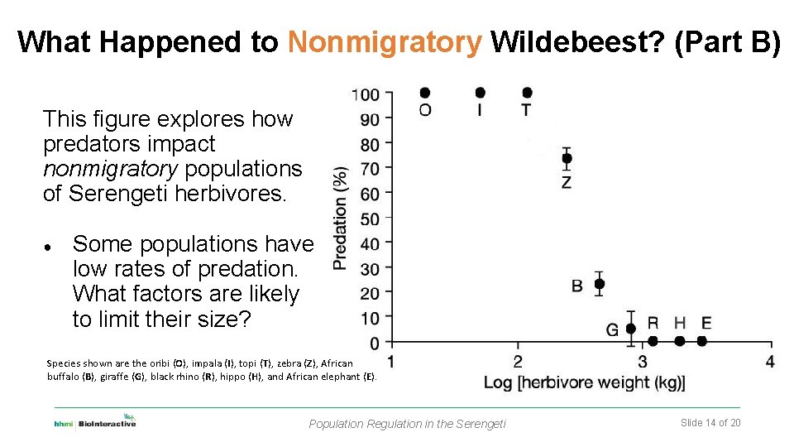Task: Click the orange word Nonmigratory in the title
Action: click(385, 42)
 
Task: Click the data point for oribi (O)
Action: click(425, 93)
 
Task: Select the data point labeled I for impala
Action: click(481, 93)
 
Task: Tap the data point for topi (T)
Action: click(527, 93)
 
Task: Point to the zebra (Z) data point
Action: click(567, 158)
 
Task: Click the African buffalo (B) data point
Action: click(600, 284)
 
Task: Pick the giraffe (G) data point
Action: click(631, 329)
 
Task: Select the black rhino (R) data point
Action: click(653, 341)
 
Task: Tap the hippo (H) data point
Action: click(680, 341)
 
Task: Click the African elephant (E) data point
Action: click(702, 341)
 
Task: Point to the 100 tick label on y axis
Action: click(366, 94)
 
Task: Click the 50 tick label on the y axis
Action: click(370, 219)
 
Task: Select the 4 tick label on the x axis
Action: click(770, 361)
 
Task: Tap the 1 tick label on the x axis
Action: click(390, 361)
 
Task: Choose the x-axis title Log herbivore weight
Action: click(584, 383)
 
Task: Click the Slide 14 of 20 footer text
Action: click(710, 423)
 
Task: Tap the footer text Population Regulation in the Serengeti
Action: click(407, 424)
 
